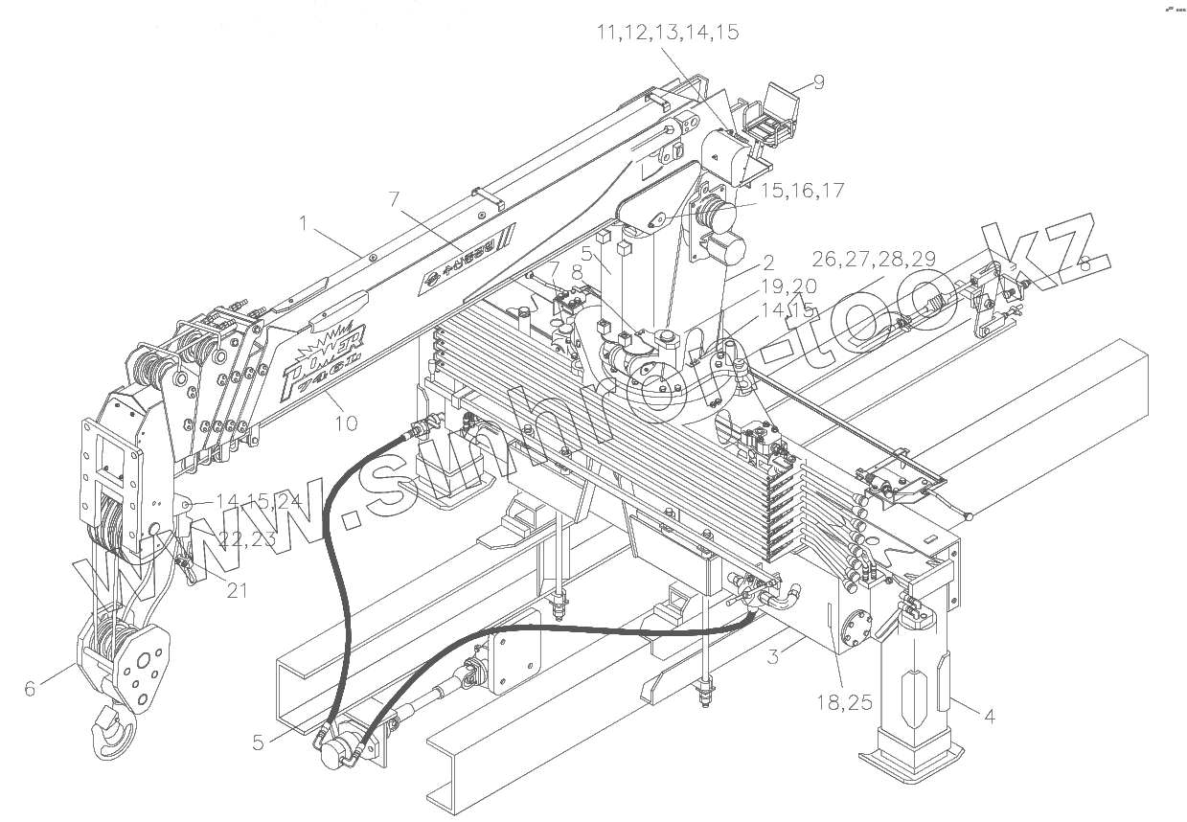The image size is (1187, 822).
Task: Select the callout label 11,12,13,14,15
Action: tap(667, 33)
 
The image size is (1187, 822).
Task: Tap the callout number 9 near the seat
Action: tap(818, 82)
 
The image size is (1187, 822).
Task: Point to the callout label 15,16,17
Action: tap(803, 191)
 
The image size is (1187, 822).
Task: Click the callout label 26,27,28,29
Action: tap(873, 259)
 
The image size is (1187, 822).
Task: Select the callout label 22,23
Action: tap(247, 539)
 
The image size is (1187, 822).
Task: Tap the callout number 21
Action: tap(237, 590)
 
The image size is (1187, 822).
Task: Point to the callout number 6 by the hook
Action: tap(30, 687)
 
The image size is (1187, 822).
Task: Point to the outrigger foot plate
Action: tap(910, 761)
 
